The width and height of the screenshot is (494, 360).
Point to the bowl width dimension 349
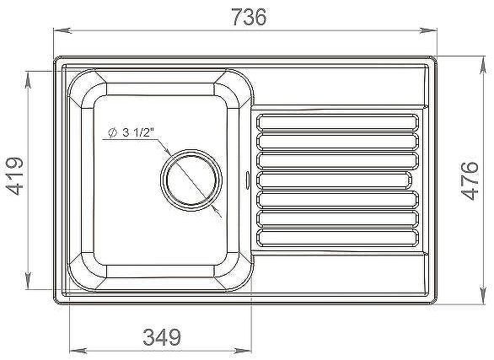159,337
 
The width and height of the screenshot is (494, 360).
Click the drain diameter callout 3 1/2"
135,132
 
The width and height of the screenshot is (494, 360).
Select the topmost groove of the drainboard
336,120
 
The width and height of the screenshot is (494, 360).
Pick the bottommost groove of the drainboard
336,237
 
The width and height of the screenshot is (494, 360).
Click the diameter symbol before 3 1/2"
110,132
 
